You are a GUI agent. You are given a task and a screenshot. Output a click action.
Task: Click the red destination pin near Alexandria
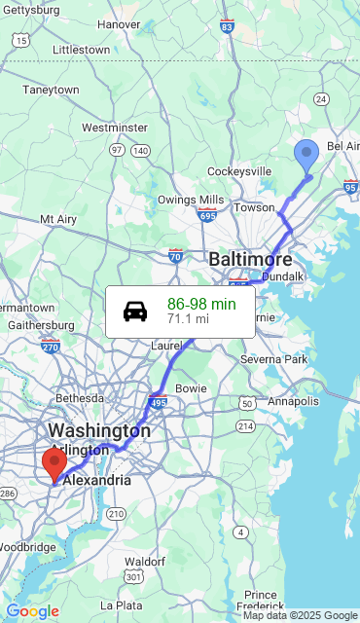pyautogui.click(x=54, y=463)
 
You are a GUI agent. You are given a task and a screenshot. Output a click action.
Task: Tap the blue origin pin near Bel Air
pyautogui.click(x=306, y=156)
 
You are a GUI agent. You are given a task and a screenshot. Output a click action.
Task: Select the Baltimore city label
pyautogui.click(x=250, y=260)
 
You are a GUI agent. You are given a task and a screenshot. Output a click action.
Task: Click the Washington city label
pyautogui.click(x=99, y=430)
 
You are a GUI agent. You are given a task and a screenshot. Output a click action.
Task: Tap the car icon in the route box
pyautogui.click(x=135, y=311)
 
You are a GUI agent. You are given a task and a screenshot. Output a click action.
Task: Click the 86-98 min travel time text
pyautogui.click(x=201, y=304)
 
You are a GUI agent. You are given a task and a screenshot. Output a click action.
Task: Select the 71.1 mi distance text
pyautogui.click(x=188, y=318)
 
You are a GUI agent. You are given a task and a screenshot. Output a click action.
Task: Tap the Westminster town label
pyautogui.click(x=115, y=128)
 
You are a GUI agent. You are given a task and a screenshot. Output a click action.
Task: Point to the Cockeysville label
pyautogui.click(x=239, y=171)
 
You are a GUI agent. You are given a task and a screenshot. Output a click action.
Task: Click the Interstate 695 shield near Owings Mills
pyautogui.click(x=207, y=214)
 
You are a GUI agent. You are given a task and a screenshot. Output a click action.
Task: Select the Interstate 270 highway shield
pyautogui.click(x=51, y=346)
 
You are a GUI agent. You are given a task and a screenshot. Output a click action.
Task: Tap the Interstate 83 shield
pyautogui.click(x=227, y=27)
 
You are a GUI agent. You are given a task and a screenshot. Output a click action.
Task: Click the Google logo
pyautogui.click(x=32, y=611)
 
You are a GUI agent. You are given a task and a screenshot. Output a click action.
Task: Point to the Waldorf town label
pyautogui.click(x=144, y=562)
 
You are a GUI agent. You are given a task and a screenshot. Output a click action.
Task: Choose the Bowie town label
pyautogui.click(x=191, y=388)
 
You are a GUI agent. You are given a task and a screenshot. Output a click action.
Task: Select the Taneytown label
pyautogui.click(x=52, y=90)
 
